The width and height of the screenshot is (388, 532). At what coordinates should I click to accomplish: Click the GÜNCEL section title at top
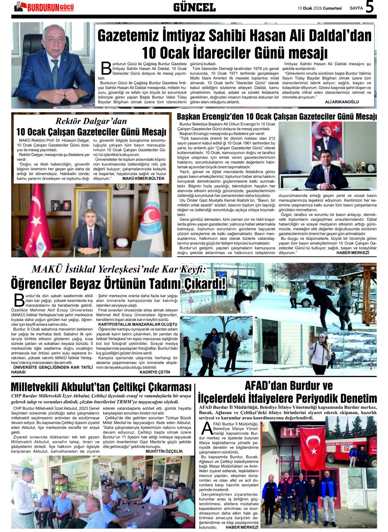pyautogui.click(x=194, y=7)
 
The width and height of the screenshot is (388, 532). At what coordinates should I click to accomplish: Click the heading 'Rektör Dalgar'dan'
pyautogui.click(x=91, y=121)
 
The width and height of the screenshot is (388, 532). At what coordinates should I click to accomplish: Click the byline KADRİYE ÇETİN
pyautogui.click(x=155, y=372)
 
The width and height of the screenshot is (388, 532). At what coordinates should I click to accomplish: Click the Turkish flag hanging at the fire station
pyautogui.click(x=313, y=448)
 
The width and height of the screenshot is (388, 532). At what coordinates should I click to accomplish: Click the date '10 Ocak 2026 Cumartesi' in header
pyautogui.click(x=319, y=8)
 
